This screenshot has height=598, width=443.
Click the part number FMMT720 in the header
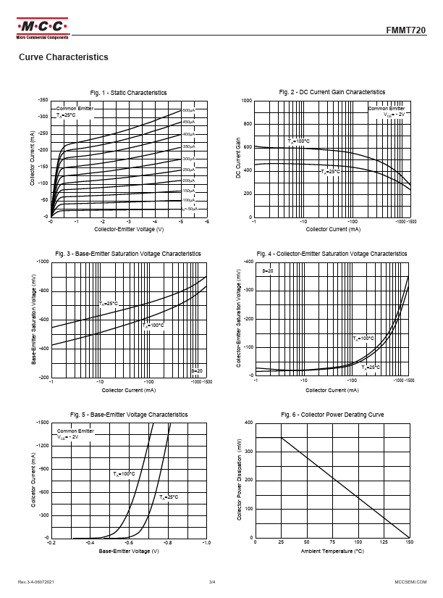point(410,31)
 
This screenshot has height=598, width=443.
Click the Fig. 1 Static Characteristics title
point(128,93)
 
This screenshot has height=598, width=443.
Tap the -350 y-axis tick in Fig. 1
point(43,100)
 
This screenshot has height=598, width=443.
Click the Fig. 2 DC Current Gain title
point(332,92)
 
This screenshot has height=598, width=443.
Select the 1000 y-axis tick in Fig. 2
point(247,101)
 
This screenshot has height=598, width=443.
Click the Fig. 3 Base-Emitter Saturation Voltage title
point(128,254)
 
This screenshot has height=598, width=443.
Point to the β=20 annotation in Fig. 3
point(196,370)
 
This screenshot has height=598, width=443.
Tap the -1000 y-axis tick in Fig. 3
point(41,261)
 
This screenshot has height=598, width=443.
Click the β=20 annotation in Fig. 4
point(267,270)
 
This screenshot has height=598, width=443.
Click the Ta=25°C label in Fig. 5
point(169,497)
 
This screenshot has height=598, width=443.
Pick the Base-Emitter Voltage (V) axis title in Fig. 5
point(128,552)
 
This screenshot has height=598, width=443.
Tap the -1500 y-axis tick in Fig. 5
point(41,422)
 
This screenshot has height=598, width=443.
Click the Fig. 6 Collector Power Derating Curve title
point(332,415)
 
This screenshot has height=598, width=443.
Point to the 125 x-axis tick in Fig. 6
point(384,542)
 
